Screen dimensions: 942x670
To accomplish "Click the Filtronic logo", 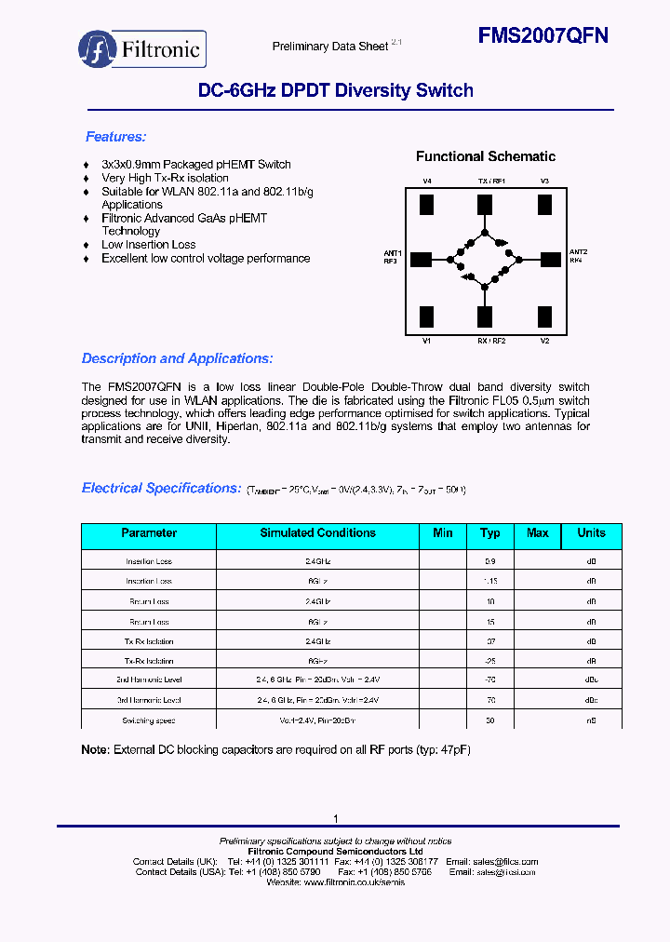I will click(x=141, y=48).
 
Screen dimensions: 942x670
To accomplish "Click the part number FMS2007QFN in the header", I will click(x=543, y=35).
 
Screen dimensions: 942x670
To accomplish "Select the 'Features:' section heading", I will click(x=115, y=137).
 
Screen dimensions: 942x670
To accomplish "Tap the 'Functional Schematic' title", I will click(x=485, y=156).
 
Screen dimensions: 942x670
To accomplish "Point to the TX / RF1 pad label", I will click(x=490, y=181).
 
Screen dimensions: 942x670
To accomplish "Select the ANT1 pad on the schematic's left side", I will click(x=421, y=259).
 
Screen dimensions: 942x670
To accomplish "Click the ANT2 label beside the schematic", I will click(x=578, y=252).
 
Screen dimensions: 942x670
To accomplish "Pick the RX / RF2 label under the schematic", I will click(x=490, y=342).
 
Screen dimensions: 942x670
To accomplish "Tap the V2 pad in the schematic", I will click(x=544, y=316).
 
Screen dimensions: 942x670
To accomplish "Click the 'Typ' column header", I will click(x=489, y=533).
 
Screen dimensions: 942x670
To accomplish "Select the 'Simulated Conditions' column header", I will click(x=317, y=533).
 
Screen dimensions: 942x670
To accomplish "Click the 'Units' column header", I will click(x=591, y=533).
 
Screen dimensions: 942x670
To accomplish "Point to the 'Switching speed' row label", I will click(x=149, y=721).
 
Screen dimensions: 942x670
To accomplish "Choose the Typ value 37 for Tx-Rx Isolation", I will click(x=489, y=641).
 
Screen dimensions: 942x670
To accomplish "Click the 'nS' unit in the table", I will click(x=591, y=721).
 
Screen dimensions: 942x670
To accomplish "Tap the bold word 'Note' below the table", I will click(x=94, y=750).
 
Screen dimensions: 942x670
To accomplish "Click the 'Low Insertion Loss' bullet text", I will click(x=149, y=245).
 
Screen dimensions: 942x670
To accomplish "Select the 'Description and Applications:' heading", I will click(x=177, y=358).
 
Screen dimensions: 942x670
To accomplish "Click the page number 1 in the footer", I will click(x=335, y=818).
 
